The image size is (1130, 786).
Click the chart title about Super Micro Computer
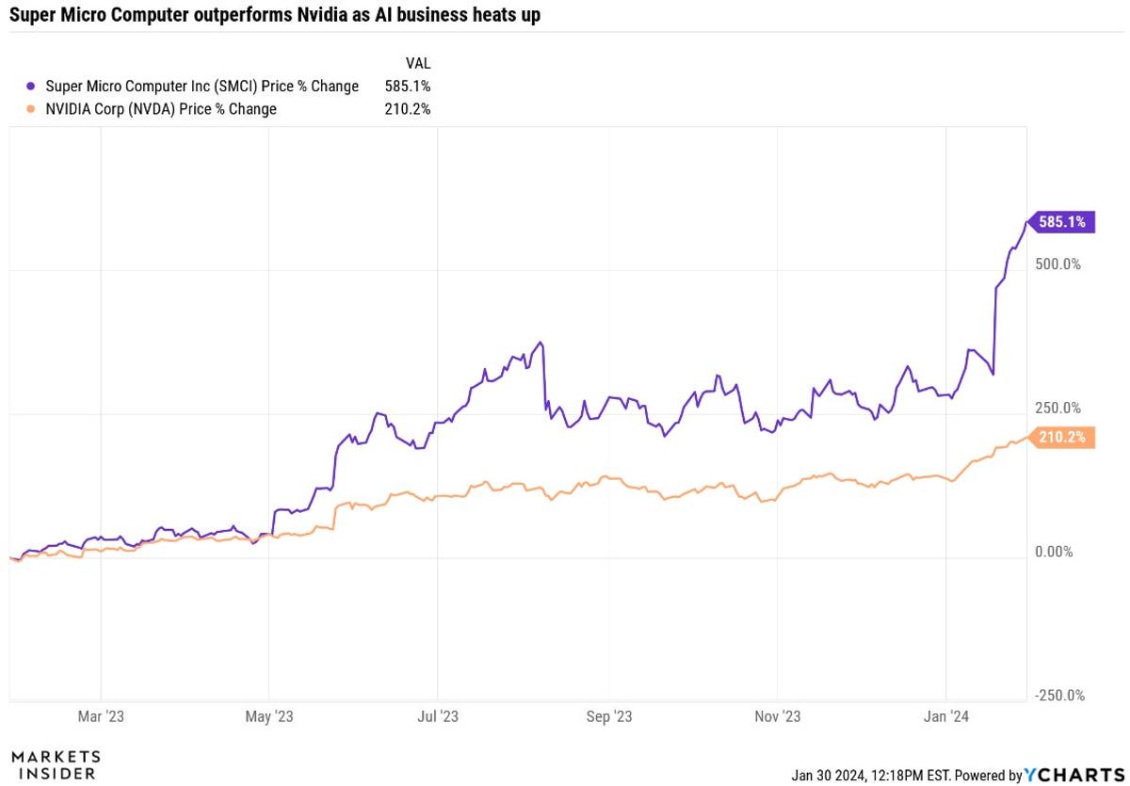coord(275,15)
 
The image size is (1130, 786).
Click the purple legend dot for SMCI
coord(32,86)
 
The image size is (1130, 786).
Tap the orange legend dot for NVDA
coord(32,108)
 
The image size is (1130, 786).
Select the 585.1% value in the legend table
coord(408,86)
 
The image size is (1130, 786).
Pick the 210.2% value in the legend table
coord(408,108)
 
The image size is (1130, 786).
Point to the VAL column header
coord(417,63)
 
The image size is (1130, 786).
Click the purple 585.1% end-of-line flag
coord(1062,222)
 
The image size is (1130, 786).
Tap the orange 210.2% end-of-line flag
coord(1063,437)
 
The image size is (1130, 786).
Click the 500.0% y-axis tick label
coord(1057,264)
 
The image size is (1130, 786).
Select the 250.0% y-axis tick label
coord(1057,409)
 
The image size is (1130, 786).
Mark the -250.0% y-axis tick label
coord(1059,695)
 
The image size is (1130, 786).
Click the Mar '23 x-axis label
coord(101,717)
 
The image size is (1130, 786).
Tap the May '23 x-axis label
coord(269,717)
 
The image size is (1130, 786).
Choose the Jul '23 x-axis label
coord(437,717)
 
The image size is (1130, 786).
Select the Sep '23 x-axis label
coord(609,717)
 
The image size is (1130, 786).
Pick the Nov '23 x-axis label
coord(778,717)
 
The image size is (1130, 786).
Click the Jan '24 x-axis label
coord(947,717)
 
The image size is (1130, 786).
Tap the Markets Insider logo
coord(56,764)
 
